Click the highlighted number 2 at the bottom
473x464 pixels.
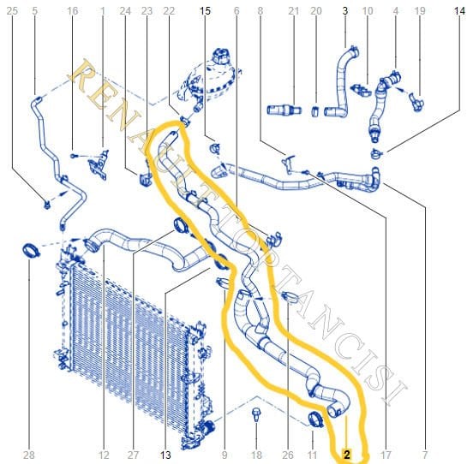pyautogui.click(x=347, y=455)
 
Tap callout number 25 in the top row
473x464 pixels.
pyautogui.click(x=12, y=11)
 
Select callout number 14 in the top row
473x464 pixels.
pyautogui.click(x=460, y=11)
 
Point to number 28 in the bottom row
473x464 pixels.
pyautogui.click(x=29, y=455)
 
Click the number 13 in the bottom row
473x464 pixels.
pyautogui.click(x=165, y=455)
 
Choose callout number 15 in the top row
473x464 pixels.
pyautogui.click(x=205, y=11)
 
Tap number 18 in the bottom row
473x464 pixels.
pyautogui.click(x=256, y=455)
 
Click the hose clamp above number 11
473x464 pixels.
pyautogui.click(x=315, y=419)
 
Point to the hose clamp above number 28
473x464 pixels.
pyautogui.click(x=31, y=251)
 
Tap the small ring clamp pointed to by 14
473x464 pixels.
pyautogui.click(x=376, y=154)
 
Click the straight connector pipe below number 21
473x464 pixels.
pyautogui.click(x=284, y=110)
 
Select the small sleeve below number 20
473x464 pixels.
pyautogui.click(x=315, y=111)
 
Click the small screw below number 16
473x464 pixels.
pyautogui.click(x=74, y=156)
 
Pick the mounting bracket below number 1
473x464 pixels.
pyautogui.click(x=99, y=165)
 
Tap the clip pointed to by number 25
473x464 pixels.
pyautogui.click(x=47, y=205)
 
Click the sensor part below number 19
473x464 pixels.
pyautogui.click(x=417, y=102)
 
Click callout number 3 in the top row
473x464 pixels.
pyautogui.click(x=345, y=11)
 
